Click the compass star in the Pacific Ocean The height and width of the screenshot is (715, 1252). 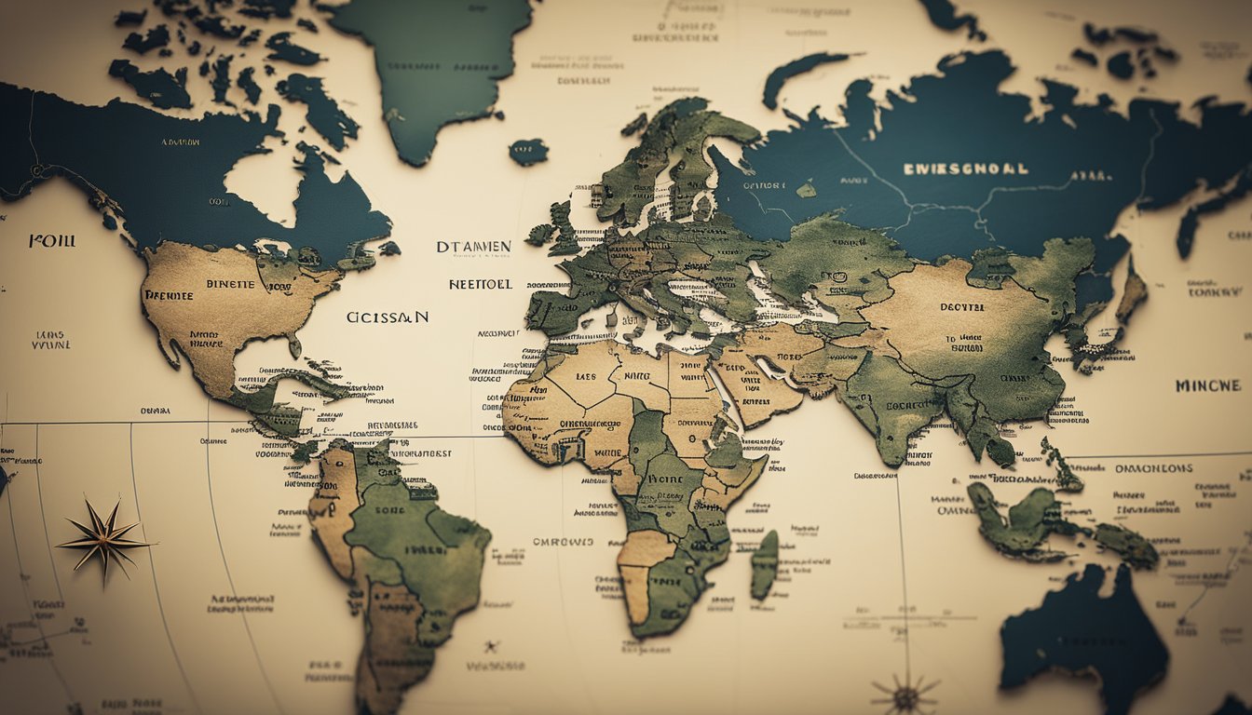tap(103, 539)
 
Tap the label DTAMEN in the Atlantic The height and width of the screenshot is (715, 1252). tap(473, 247)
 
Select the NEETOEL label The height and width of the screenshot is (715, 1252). tap(481, 284)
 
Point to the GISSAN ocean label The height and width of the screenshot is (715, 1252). tap(388, 317)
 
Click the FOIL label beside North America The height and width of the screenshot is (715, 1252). tap(52, 240)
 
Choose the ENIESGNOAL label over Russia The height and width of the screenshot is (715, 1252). tap(966, 169)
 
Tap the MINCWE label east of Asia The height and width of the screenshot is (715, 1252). tap(1207, 385)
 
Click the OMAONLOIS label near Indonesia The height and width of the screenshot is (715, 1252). tap(1154, 468)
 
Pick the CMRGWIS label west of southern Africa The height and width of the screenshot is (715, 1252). tap(563, 541)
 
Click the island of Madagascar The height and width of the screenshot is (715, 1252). tap(765, 564)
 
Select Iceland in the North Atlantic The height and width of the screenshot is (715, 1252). tap(528, 152)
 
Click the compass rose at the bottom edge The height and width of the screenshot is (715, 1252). tap(905, 694)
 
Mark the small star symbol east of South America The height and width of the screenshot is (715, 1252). tap(490, 645)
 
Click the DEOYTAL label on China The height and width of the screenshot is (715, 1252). tap(961, 306)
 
